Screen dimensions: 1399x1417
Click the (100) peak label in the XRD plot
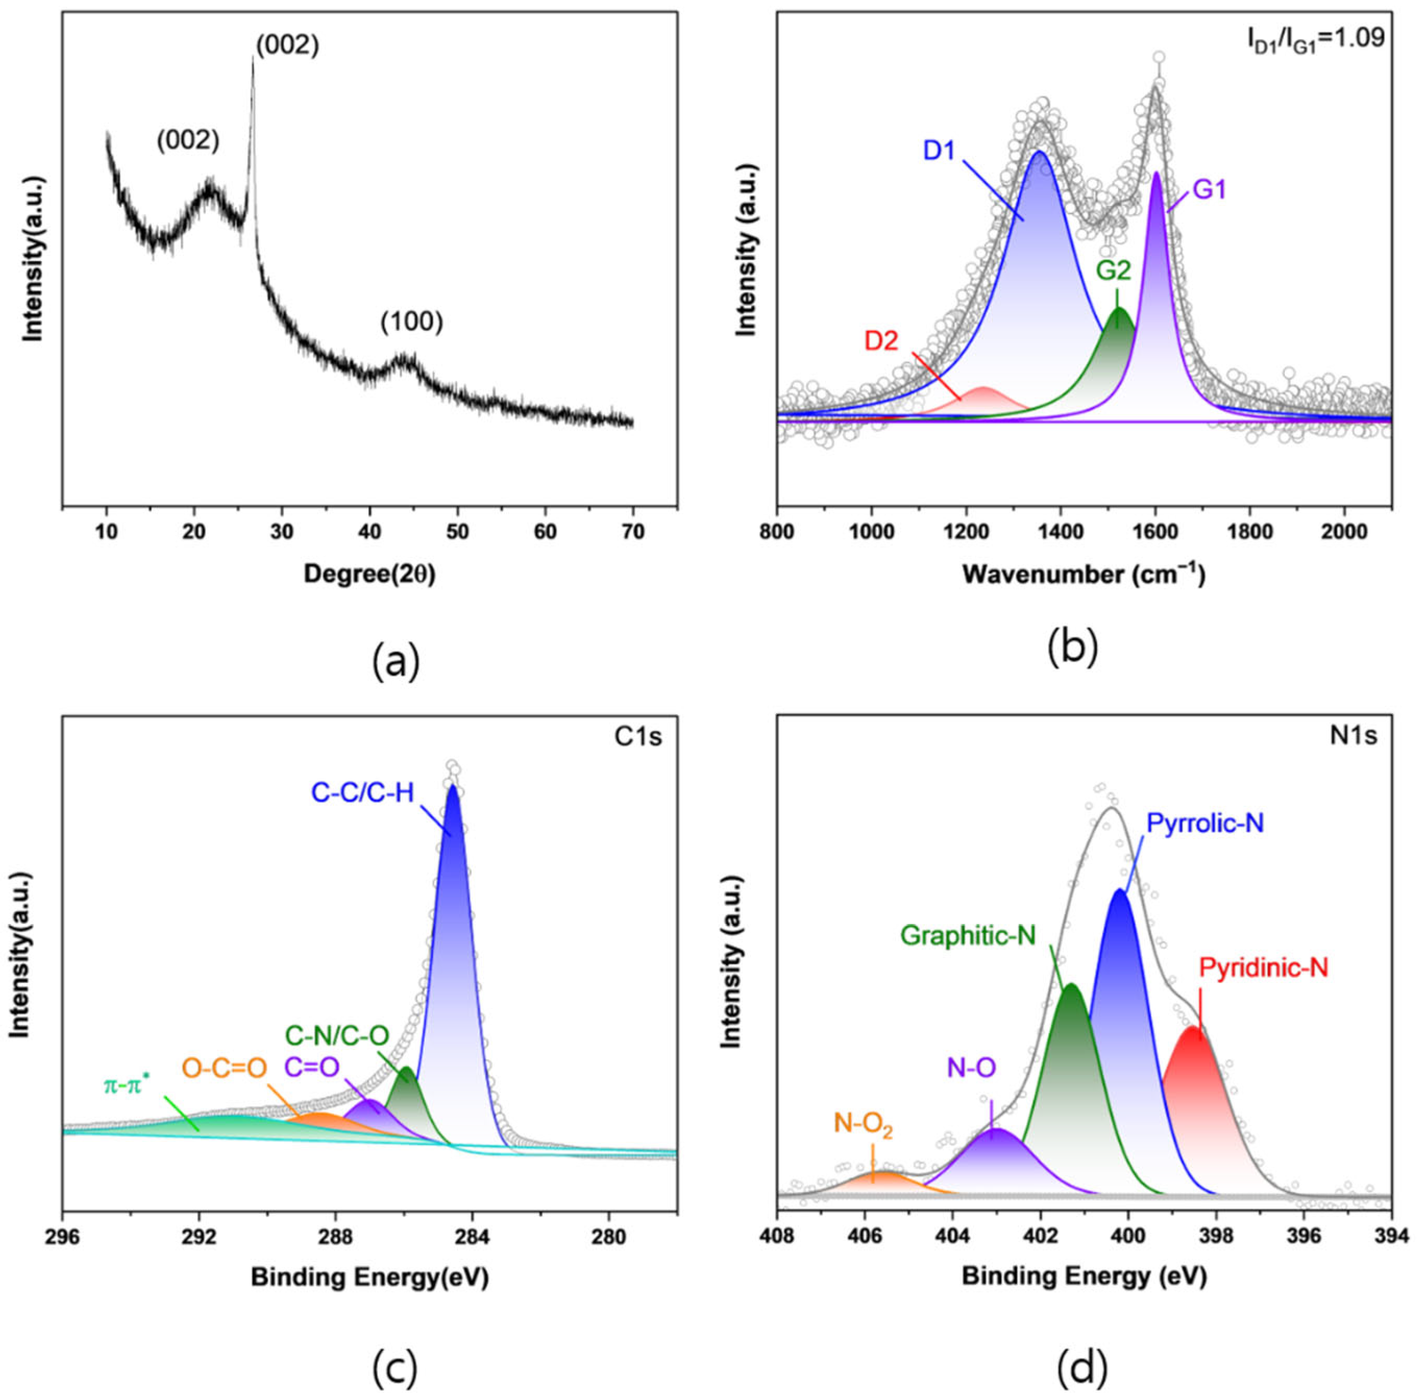(x=412, y=322)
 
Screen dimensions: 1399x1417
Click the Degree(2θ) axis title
(x=369, y=574)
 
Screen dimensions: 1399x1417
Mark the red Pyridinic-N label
(x=1263, y=967)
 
